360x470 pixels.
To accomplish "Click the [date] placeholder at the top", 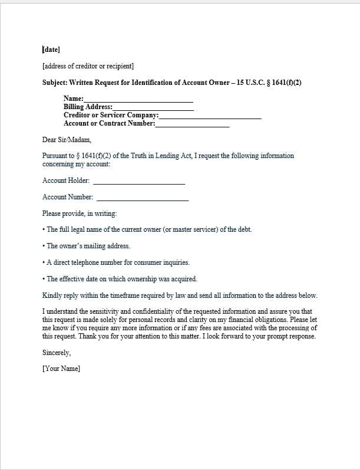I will (51, 50).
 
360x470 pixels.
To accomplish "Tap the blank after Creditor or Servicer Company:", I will (210, 116).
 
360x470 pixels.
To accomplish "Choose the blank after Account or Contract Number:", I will (192, 124).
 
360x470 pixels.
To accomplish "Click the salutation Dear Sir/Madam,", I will (68, 140).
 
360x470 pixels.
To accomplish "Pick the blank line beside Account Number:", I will (143, 198).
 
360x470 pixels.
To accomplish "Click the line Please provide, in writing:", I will (80, 213).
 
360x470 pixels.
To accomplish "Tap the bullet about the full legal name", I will (148, 229).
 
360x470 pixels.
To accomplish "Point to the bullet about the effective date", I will (121, 279).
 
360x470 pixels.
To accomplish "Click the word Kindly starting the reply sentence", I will (52, 295).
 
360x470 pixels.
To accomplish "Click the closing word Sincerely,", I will (57, 353).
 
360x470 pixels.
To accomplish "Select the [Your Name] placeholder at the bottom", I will (61, 369).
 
